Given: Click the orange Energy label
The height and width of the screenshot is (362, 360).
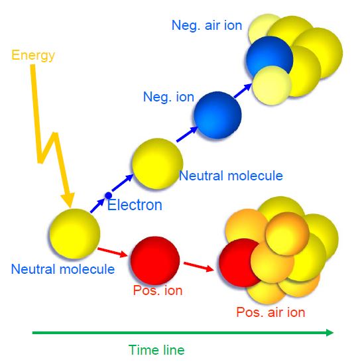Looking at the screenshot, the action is point(33,55).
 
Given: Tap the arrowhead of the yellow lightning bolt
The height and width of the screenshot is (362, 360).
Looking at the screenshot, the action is point(68,199).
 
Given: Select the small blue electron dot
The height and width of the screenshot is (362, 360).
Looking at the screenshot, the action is point(108,196).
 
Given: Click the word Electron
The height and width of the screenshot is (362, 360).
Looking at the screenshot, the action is point(135,205).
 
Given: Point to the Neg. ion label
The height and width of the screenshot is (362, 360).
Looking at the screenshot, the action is point(168,97).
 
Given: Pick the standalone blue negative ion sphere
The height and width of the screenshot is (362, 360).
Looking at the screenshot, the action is point(217,115).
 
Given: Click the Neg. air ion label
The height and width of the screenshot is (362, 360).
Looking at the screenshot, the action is point(207,25).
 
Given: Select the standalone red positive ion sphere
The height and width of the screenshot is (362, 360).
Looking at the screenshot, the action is point(155,261).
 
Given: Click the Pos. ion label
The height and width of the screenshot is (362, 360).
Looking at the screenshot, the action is point(158,290).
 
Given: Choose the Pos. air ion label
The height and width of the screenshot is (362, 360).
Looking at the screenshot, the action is point(270,312).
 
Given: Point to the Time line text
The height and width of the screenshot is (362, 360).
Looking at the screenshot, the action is point(156,350).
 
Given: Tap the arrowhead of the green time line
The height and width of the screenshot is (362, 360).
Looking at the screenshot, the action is point(330,333).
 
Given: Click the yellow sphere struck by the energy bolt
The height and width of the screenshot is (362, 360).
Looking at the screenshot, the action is point(75,233).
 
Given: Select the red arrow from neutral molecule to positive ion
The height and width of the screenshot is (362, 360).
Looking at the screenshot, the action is point(113,252).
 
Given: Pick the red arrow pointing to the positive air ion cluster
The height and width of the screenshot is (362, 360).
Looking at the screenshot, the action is point(199,267).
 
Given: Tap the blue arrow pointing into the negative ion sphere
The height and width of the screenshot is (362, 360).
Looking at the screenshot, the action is point(187,134).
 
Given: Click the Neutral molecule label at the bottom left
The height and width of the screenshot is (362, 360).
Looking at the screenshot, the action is point(63,269).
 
